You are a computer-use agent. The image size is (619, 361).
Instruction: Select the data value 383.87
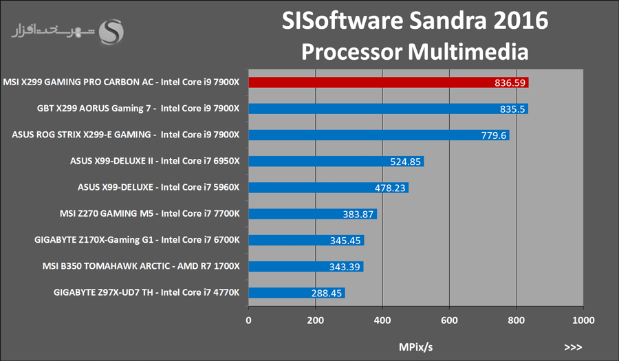(x=358, y=214)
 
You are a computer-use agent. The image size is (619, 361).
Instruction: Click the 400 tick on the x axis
(x=382, y=320)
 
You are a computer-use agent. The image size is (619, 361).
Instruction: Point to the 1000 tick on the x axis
(x=583, y=320)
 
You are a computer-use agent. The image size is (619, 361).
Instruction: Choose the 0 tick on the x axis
(x=249, y=320)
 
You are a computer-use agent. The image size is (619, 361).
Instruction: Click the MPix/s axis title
(x=416, y=346)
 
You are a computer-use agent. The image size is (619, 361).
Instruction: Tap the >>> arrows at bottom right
(x=573, y=347)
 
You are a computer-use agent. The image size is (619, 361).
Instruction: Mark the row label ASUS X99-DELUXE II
(x=154, y=162)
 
